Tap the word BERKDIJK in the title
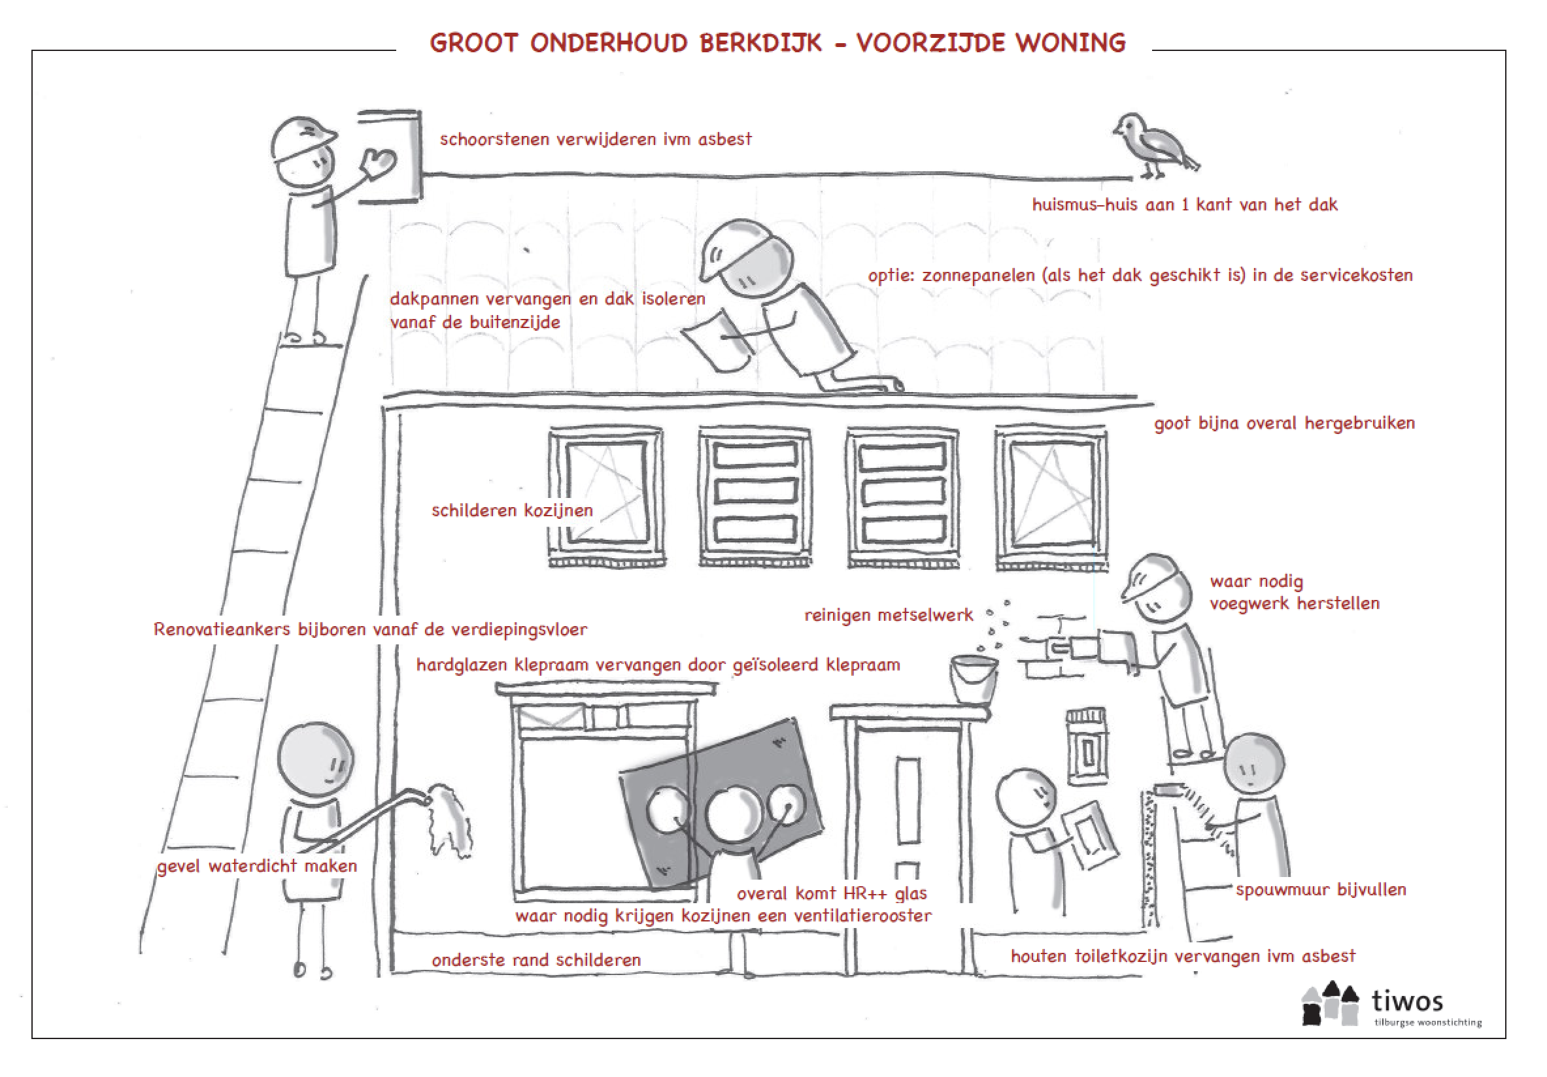(760, 43)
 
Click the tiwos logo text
(1408, 1001)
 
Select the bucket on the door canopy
(973, 680)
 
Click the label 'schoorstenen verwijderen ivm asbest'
(596, 139)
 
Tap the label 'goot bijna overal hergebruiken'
(1284, 423)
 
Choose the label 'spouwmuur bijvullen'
(1321, 889)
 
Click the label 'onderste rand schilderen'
(536, 960)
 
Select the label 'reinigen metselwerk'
(889, 615)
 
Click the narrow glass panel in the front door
(908, 800)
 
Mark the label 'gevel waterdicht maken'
(257, 866)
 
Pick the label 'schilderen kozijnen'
(512, 510)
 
